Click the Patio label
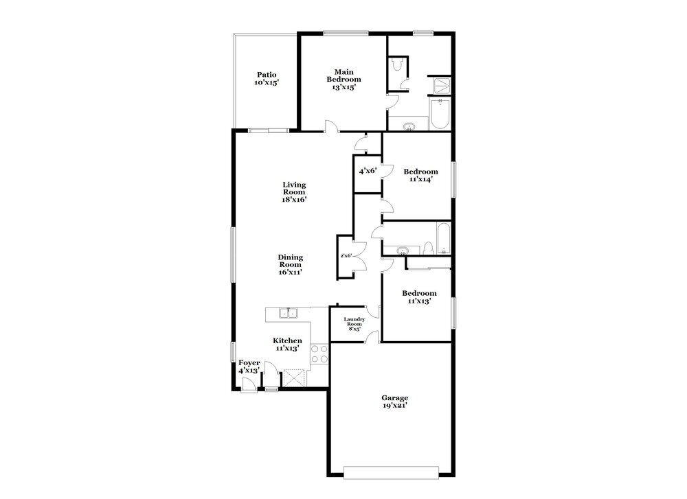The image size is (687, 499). tap(267, 75)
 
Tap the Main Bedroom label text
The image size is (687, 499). tap(343, 76)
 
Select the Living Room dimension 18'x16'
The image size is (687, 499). tap(294, 200)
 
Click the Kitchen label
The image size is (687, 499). tap(287, 340)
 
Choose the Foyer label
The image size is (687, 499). tap(249, 363)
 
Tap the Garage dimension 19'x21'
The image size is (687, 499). tap(395, 406)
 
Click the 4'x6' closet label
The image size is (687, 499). tap(367, 171)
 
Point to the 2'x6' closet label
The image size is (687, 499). tap(346, 256)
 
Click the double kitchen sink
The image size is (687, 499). tap(288, 314)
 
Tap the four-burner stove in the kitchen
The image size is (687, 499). tap(319, 353)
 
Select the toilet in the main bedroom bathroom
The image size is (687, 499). tap(398, 65)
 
